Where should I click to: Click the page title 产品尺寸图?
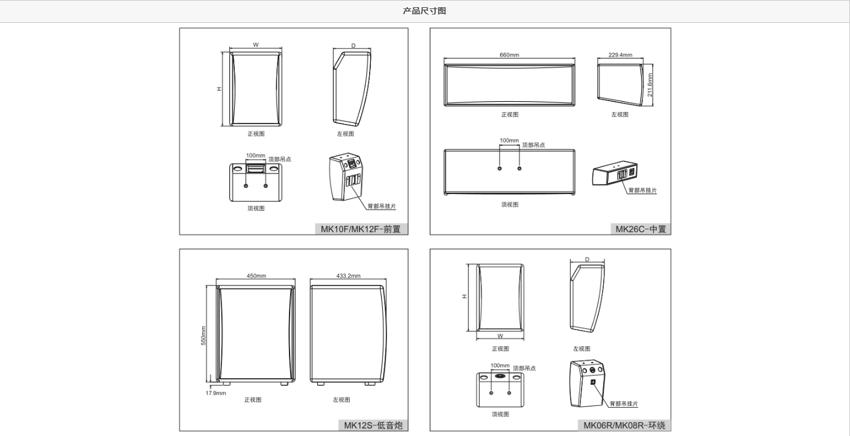click(424, 11)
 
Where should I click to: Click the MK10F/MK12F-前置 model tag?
click(361, 229)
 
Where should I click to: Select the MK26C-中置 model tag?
click(641, 229)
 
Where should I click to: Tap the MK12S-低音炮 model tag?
click(373, 426)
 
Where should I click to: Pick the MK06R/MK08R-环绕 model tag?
click(624, 426)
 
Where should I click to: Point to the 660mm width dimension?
click(509, 55)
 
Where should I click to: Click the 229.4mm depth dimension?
click(620, 55)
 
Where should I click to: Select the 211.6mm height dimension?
click(650, 85)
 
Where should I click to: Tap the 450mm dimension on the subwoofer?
click(256, 276)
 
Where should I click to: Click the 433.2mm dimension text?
click(348, 276)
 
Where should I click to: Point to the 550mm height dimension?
click(203, 336)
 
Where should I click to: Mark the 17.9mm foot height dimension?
click(216, 393)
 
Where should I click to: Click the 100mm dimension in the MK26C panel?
click(509, 140)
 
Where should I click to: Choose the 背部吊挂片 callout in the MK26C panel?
click(642, 190)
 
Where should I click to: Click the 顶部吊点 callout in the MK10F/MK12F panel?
click(279, 159)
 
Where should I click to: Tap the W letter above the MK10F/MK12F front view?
click(255, 45)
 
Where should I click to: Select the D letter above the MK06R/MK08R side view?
click(587, 260)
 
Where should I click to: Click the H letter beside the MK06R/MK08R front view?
click(464, 296)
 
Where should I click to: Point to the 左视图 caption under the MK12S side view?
click(341, 400)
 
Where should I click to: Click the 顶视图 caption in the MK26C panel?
click(509, 204)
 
